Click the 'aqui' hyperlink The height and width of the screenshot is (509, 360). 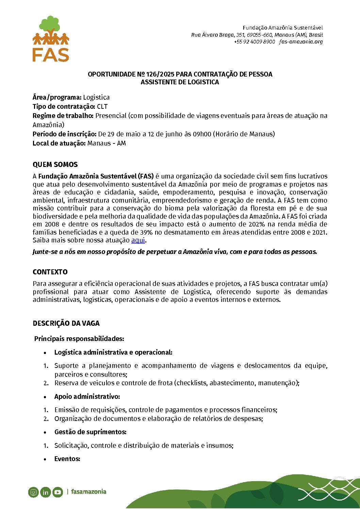138,240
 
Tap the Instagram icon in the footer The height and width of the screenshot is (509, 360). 33,492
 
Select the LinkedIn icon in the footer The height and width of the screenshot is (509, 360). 45,492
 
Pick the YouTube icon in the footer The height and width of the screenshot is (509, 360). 58,492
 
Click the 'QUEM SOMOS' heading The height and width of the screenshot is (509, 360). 55,165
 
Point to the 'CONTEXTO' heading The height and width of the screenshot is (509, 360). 50,272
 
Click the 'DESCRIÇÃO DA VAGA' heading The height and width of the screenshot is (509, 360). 66,323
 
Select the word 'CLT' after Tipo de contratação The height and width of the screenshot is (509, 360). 102,106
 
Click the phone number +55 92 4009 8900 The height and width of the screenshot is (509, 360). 254,42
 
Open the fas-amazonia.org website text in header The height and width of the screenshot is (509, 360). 301,42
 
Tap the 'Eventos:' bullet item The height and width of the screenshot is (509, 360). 67,459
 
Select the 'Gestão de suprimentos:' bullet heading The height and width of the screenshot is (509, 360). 90,432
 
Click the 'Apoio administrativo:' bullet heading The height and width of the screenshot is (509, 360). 87,396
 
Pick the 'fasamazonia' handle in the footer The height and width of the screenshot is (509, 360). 88,492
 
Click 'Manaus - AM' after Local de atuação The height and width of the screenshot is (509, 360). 107,143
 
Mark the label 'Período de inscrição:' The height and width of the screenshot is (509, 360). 65,134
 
